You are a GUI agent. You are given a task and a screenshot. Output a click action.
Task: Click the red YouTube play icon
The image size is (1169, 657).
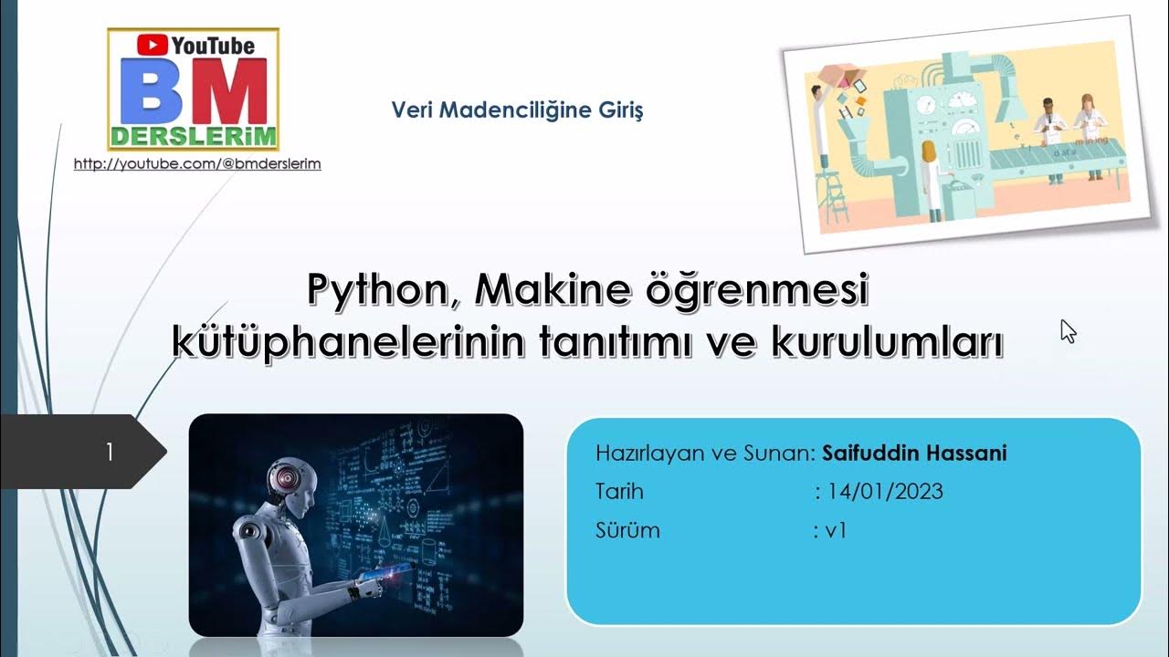[153, 45]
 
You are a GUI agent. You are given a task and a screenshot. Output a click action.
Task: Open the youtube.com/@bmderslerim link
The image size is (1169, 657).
[197, 164]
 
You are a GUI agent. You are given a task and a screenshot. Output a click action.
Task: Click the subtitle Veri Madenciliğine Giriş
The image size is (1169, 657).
[517, 110]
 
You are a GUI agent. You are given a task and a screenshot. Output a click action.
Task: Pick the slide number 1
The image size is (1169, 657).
[110, 452]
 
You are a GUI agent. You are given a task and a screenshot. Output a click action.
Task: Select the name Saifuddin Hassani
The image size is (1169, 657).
[914, 454]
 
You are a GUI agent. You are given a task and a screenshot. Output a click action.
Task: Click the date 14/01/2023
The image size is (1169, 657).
[885, 492]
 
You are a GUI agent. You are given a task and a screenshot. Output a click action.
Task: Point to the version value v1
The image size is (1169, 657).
[835, 530]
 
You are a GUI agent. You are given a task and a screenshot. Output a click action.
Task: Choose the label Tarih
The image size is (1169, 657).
[619, 492]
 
